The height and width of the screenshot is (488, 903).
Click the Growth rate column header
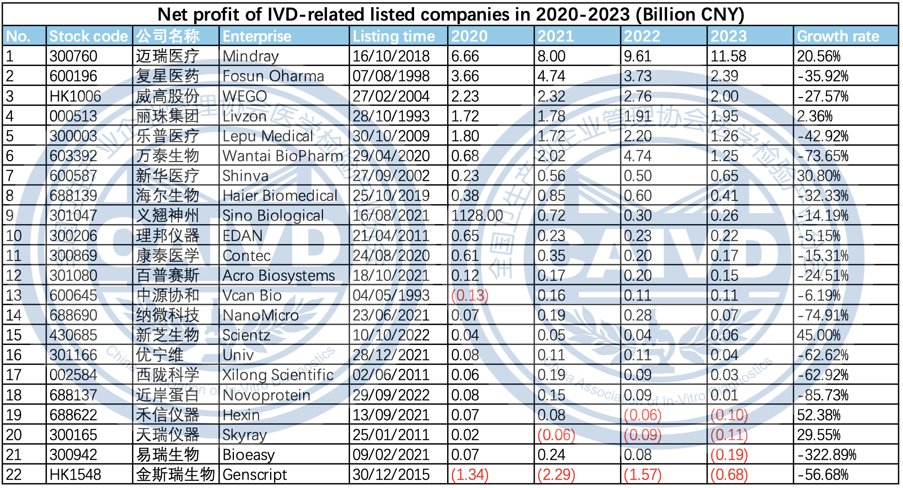(x=838, y=37)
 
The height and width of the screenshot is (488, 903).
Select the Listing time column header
(x=393, y=37)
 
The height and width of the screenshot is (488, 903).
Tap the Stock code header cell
(x=88, y=37)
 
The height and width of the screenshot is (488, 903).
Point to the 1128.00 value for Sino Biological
(x=477, y=216)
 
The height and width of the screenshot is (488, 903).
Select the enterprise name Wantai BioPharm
(x=282, y=156)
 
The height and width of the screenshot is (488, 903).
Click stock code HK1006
(x=75, y=97)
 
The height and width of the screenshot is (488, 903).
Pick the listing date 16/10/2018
(x=391, y=56)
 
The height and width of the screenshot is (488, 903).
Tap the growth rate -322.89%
(x=827, y=455)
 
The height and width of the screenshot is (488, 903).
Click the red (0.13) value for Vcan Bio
(x=470, y=296)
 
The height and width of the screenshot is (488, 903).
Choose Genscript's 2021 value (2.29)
(x=556, y=475)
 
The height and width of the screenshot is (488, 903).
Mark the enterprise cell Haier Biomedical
(x=280, y=196)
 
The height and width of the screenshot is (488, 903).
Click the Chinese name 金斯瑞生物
(x=175, y=475)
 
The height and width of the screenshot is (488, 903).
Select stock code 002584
(x=73, y=375)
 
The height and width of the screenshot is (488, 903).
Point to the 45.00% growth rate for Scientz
(x=818, y=335)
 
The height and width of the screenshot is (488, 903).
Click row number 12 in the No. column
(x=14, y=276)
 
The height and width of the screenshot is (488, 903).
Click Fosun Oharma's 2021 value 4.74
(x=551, y=76)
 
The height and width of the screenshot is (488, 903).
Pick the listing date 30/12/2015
(x=391, y=475)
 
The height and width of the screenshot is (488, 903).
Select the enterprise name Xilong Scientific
(x=278, y=375)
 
